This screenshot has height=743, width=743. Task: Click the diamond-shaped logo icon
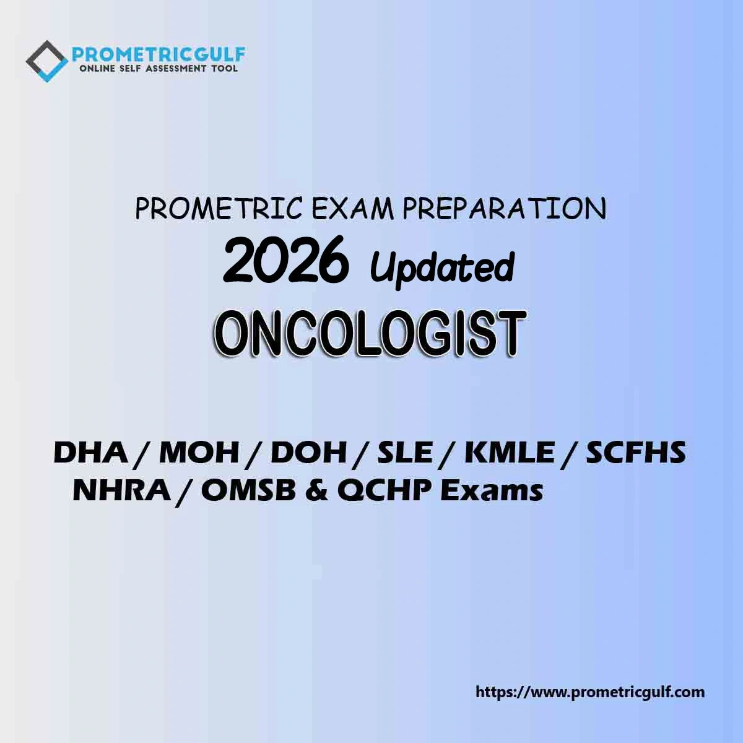(x=47, y=61)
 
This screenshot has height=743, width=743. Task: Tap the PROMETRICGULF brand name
(x=159, y=54)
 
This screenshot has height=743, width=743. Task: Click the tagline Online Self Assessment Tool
(x=159, y=69)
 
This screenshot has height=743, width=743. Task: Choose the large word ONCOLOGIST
(x=370, y=334)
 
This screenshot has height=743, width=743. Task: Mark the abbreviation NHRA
(x=122, y=491)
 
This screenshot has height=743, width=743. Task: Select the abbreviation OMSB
(x=248, y=491)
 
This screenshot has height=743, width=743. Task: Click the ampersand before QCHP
(x=316, y=491)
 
